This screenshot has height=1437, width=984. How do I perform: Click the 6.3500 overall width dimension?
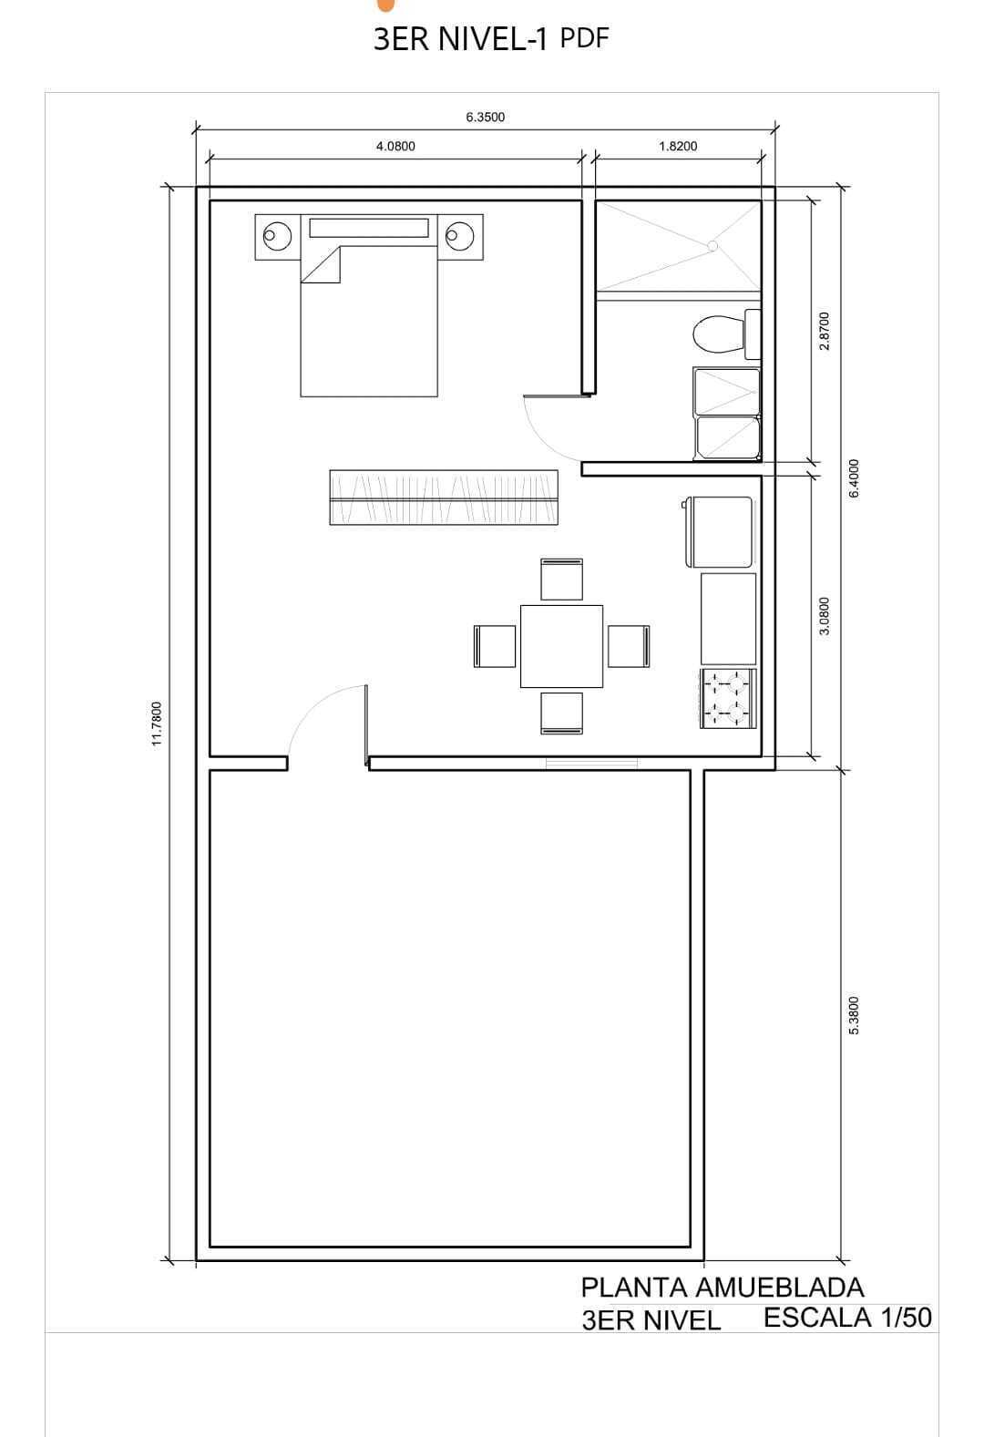point(485,117)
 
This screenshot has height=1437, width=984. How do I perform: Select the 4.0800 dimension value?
point(395,147)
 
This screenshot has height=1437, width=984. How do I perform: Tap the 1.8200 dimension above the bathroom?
point(677,147)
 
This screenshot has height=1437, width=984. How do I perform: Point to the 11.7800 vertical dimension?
point(157,724)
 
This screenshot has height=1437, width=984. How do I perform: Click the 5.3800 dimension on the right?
point(853,1015)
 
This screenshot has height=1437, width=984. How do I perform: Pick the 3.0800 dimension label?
point(825,616)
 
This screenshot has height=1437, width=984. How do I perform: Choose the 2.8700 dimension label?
point(825,331)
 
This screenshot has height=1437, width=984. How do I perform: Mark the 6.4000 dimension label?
point(853,478)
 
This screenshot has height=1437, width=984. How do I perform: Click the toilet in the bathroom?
point(727,334)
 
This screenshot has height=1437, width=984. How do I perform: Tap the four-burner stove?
point(728,698)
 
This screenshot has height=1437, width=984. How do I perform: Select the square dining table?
point(561,646)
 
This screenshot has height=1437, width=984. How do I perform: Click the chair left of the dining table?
point(495,646)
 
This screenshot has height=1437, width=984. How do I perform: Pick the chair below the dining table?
point(562,713)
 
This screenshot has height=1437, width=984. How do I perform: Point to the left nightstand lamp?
point(277,236)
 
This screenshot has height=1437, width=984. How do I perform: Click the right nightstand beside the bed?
point(460,237)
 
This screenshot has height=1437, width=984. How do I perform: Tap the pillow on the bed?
point(369,229)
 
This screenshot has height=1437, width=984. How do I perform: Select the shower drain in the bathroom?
point(712,246)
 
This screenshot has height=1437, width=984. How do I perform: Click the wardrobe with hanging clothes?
point(443,498)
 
